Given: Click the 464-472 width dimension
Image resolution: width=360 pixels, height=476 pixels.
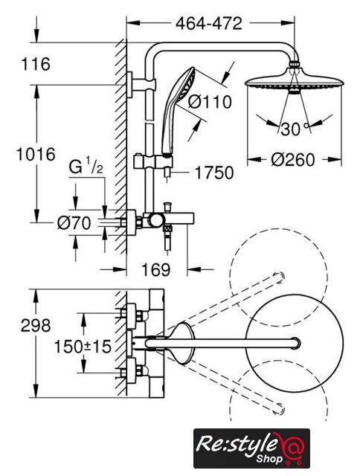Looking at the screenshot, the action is click(209, 23).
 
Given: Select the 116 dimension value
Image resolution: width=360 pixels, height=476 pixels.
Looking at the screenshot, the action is click(36, 65).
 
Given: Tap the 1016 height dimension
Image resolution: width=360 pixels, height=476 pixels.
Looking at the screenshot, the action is click(36, 154).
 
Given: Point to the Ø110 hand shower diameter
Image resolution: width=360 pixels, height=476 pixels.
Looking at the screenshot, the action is click(210, 101).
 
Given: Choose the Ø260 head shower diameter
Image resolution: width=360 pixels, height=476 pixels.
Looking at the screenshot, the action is click(292, 160).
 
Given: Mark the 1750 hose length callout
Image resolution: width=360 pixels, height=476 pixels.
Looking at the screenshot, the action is click(214, 173).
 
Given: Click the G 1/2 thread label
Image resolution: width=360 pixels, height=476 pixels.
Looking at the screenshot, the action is click(86, 167).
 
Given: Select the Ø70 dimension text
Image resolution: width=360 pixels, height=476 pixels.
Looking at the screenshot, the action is click(74, 223).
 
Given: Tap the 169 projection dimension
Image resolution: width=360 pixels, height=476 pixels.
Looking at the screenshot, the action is click(156, 269).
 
